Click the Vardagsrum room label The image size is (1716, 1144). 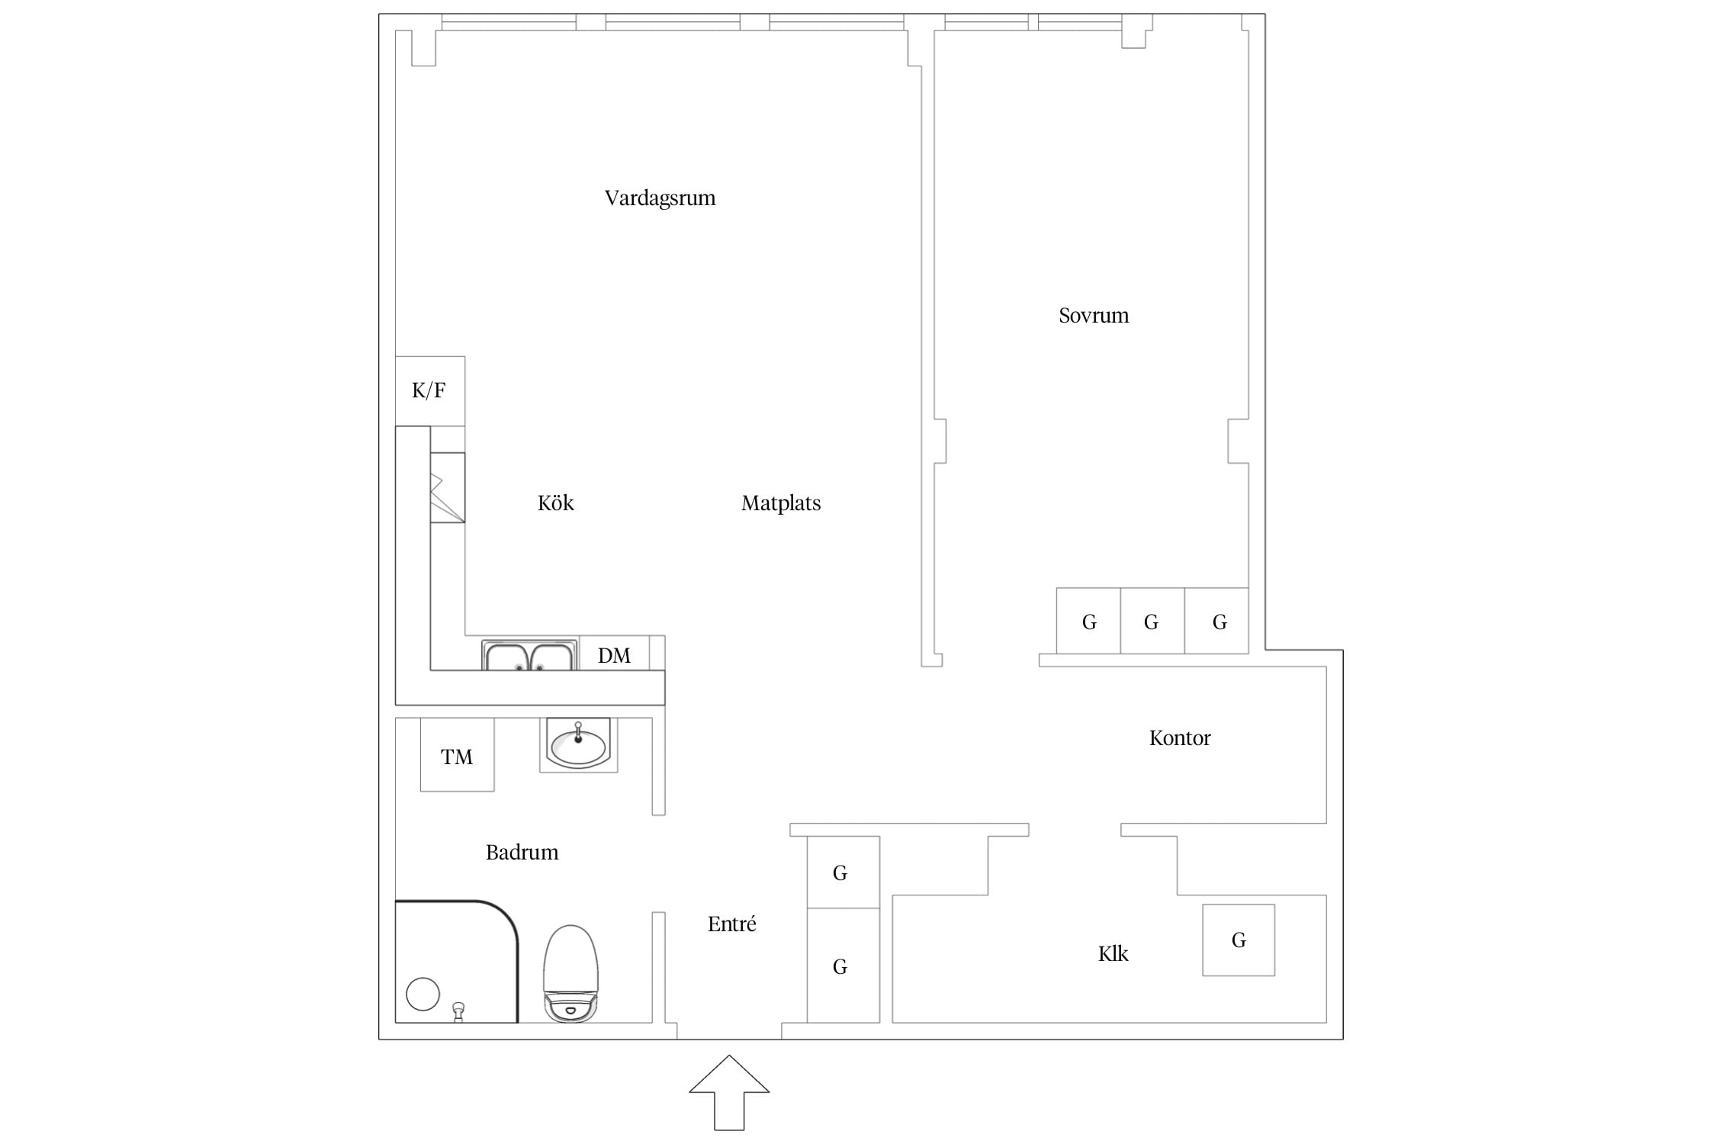click(x=660, y=199)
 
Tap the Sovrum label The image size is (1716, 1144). click(x=1094, y=316)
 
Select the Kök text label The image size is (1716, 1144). click(x=555, y=503)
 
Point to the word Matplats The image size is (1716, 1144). click(x=781, y=503)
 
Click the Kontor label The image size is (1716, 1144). click(x=1180, y=737)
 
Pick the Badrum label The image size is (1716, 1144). click(x=522, y=852)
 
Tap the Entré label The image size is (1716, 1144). click(x=731, y=924)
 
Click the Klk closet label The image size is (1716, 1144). click(x=1113, y=953)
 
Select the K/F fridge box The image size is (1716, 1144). click(x=430, y=391)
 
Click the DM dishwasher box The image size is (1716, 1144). click(x=615, y=654)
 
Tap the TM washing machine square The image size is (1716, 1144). click(x=457, y=754)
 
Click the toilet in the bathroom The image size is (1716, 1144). click(x=570, y=973)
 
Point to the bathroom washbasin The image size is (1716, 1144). click(x=578, y=745)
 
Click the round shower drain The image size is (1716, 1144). click(x=423, y=994)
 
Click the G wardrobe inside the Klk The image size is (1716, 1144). click(x=1239, y=940)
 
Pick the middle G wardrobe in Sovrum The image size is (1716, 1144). click(x=1152, y=621)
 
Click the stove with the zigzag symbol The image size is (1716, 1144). click(x=447, y=488)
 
